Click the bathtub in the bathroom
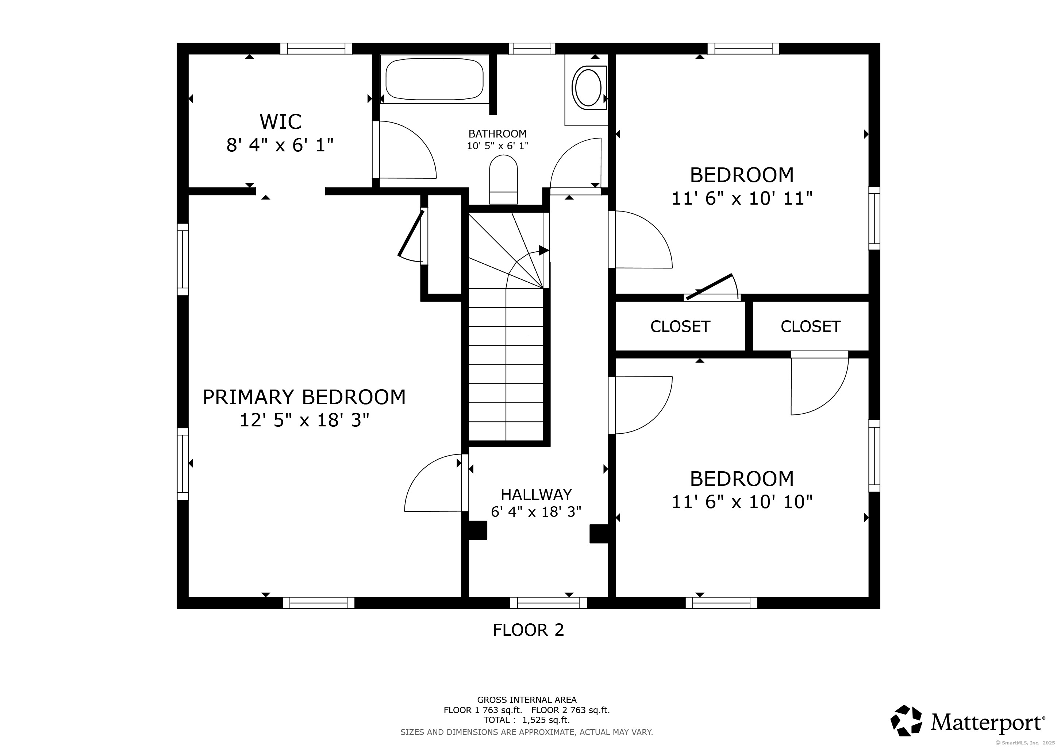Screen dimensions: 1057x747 [435, 79]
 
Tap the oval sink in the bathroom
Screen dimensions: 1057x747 [587, 88]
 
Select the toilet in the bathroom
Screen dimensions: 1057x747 [503, 179]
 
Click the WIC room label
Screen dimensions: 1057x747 [280, 122]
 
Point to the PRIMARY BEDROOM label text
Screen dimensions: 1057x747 [304, 397]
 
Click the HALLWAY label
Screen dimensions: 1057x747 [536, 495]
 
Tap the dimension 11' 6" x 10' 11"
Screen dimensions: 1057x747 [742, 199]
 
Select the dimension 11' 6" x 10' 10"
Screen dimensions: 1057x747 [742, 502]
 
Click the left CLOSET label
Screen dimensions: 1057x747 [680, 326]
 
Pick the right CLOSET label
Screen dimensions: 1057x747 [811, 326]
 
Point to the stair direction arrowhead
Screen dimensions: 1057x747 [544, 251]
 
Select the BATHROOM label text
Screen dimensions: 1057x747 [497, 134]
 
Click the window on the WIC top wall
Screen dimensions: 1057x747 [316, 49]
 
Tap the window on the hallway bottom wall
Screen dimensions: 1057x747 [548, 603]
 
